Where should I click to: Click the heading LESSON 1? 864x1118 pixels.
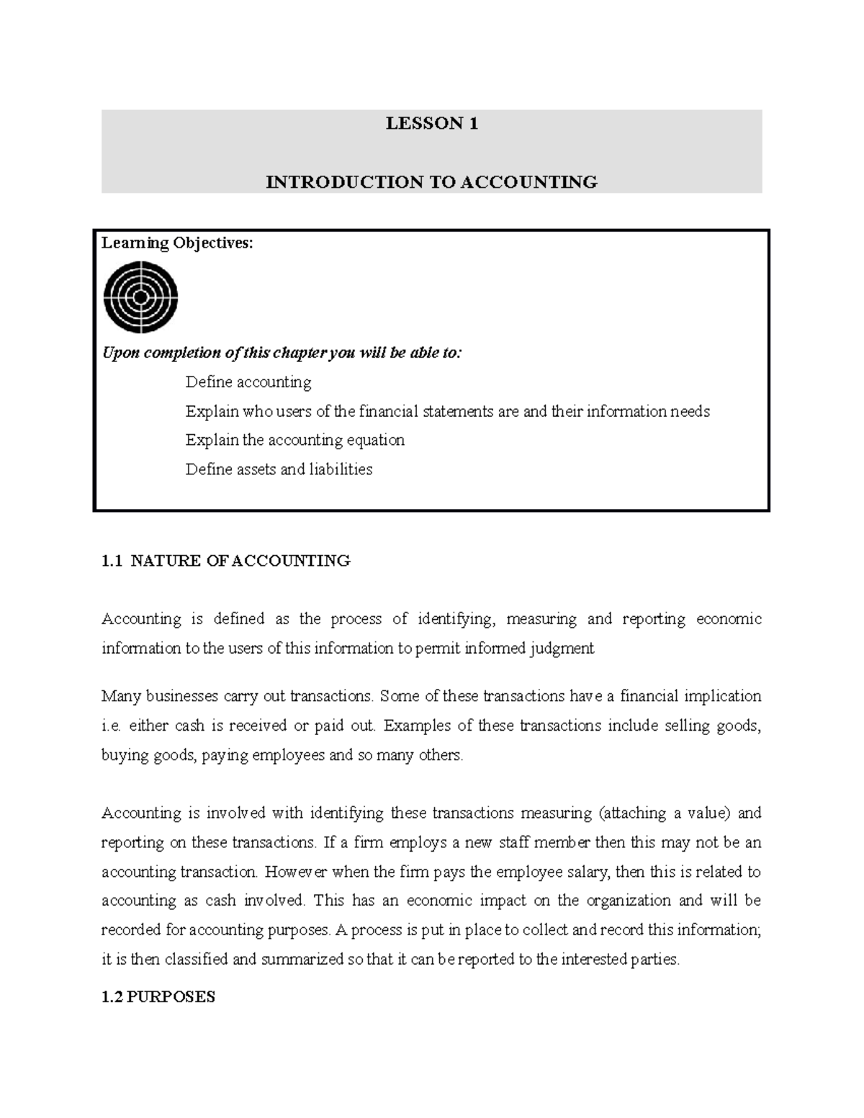[431, 124]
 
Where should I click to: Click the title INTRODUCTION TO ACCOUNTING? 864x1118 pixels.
[431, 182]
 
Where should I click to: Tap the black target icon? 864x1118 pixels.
[141, 297]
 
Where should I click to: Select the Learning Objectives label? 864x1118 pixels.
[177, 243]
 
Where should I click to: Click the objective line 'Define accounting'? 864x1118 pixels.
[248, 382]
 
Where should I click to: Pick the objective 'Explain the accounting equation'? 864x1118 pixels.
[294, 440]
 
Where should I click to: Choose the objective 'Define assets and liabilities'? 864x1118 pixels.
[279, 469]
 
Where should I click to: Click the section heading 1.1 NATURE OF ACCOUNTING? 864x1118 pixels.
[225, 561]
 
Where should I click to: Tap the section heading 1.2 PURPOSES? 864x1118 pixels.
[158, 997]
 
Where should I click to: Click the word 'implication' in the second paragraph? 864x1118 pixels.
[722, 696]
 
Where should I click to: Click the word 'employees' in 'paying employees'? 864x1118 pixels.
[288, 755]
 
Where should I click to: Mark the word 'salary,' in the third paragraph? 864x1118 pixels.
[588, 872]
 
